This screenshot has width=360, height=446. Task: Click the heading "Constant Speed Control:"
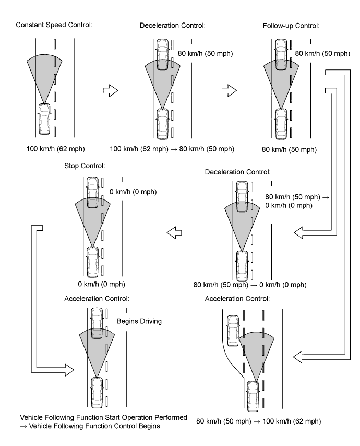point(54,25)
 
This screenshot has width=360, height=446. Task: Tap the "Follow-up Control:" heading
point(291,26)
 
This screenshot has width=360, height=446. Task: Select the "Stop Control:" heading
point(85,166)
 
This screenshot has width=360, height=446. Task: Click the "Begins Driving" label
point(139,321)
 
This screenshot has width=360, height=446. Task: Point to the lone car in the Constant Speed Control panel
point(44,119)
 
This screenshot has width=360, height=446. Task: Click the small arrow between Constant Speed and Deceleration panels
point(110,90)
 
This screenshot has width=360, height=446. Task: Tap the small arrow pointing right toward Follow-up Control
point(229,90)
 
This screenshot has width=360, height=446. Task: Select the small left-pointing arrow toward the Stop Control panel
point(174,233)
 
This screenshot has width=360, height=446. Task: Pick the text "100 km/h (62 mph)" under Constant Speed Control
point(55,149)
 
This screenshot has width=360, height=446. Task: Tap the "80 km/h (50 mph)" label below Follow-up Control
point(289,149)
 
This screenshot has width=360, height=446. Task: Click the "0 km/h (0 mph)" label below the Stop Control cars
point(101,284)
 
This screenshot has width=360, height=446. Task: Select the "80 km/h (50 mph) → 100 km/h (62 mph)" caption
point(259,421)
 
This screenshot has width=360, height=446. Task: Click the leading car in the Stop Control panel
point(93,192)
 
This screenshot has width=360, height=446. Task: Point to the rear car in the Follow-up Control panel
point(281,124)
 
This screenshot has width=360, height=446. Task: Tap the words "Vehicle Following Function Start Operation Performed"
point(103,418)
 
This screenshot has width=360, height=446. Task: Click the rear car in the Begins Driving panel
point(97,393)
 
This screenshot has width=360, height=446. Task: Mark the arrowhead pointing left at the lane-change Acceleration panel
point(298,357)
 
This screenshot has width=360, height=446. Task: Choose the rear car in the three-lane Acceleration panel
point(253,396)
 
